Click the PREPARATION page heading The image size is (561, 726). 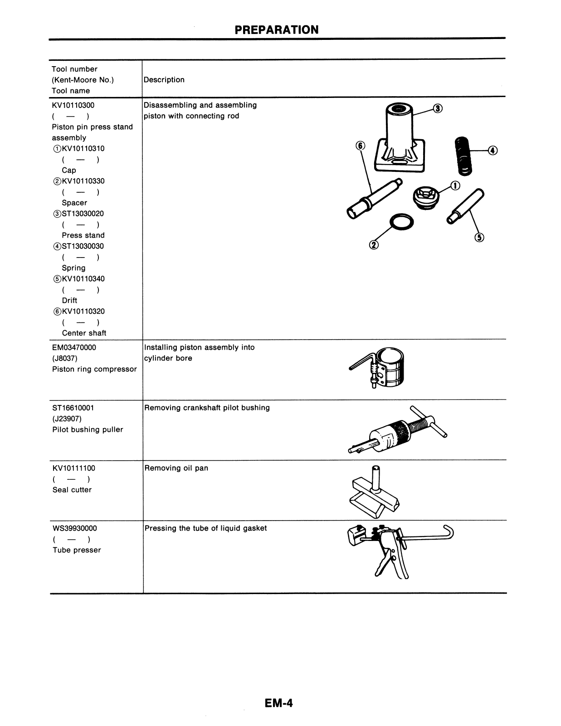point(277,30)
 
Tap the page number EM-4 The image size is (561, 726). point(278,703)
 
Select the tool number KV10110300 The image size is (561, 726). point(73,105)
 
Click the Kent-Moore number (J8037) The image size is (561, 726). point(64,358)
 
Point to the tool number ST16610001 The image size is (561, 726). point(73,408)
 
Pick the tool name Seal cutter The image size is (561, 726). point(72,490)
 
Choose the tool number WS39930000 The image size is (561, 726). point(75,528)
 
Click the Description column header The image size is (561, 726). point(164,80)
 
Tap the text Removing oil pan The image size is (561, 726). point(176,468)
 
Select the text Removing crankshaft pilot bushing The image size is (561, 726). point(207,408)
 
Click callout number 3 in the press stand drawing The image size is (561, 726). point(437,108)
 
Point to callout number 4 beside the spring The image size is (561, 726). point(493,150)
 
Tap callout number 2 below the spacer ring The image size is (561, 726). point(373,245)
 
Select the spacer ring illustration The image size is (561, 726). point(402,222)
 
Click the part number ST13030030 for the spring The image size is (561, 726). point(83,246)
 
